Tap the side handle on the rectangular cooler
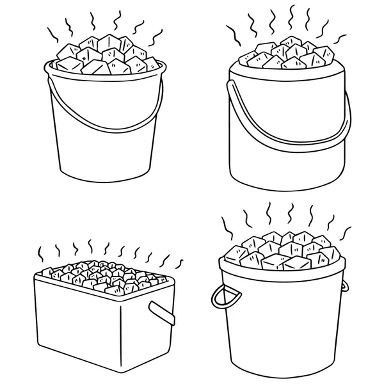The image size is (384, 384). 163,312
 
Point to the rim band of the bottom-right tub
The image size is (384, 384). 282,272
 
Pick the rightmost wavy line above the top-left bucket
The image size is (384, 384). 153,38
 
